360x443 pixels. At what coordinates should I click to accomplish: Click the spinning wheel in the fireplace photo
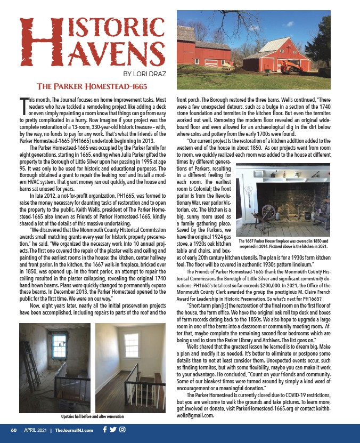click(268, 212)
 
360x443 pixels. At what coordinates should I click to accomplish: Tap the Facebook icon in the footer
click(105, 429)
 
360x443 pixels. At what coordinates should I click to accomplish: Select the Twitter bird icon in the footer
click(113, 429)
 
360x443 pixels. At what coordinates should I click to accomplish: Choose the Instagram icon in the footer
click(122, 429)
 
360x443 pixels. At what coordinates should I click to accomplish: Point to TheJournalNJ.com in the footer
click(75, 430)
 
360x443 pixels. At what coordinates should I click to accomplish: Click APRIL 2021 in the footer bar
click(36, 430)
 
